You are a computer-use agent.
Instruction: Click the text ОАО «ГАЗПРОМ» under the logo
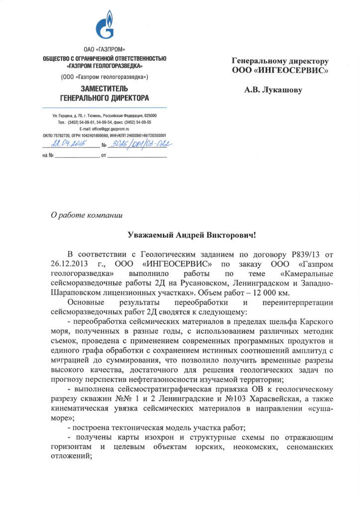click(104, 51)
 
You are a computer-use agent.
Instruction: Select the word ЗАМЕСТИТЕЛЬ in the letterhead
click(104, 88)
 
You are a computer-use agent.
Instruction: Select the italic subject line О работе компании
click(86, 215)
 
